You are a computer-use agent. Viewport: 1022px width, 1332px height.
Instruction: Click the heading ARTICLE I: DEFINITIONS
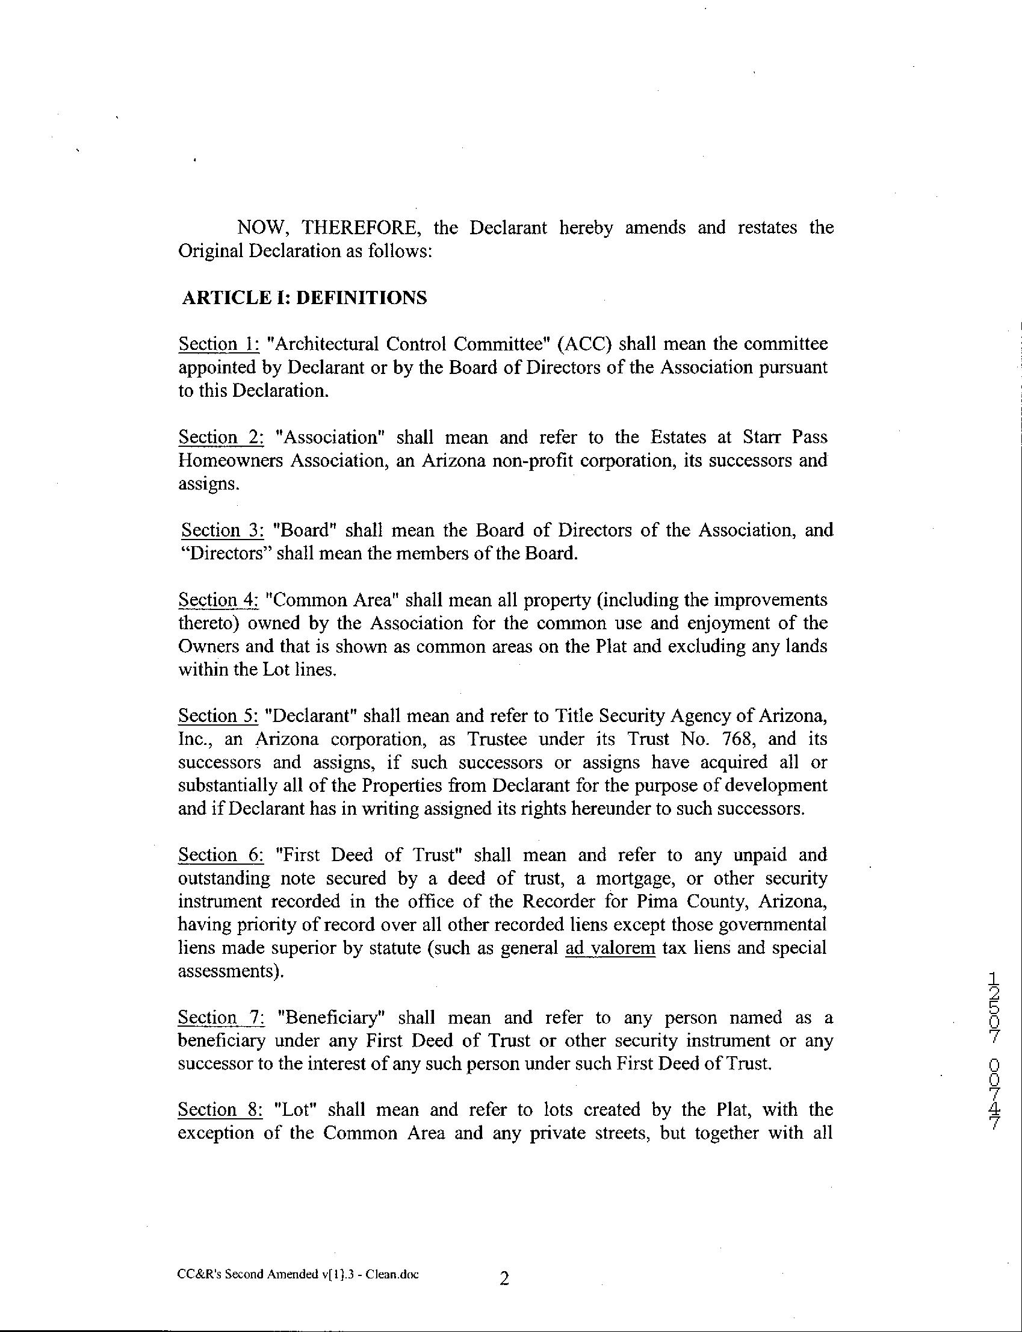point(304,298)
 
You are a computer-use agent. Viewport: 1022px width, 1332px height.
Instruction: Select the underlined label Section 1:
point(219,344)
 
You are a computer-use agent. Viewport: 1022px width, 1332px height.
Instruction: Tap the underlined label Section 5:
point(218,716)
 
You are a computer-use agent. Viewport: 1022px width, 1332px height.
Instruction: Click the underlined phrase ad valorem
point(610,948)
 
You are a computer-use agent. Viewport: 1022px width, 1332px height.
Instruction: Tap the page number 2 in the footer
point(504,1278)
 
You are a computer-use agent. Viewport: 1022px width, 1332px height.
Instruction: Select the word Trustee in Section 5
point(497,739)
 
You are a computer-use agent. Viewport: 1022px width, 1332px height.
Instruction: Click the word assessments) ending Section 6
point(231,971)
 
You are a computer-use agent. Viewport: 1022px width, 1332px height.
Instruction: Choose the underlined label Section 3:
point(222,531)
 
